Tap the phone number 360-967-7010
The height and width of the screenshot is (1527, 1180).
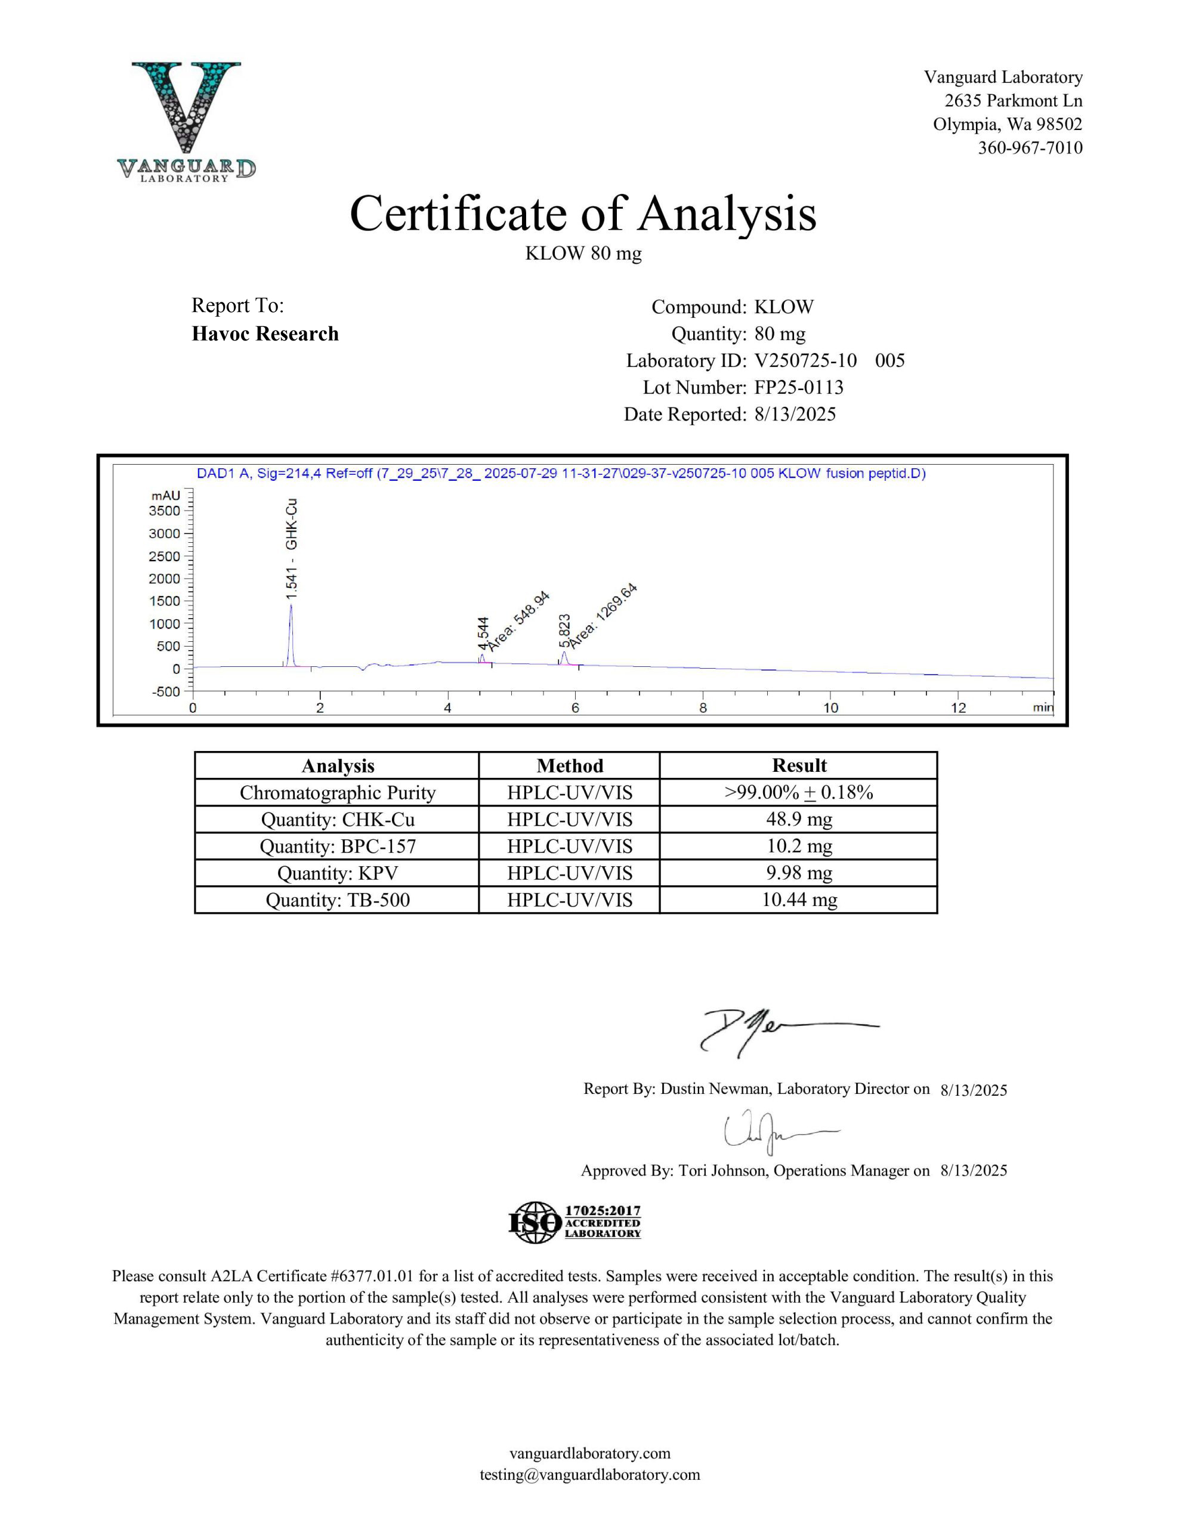click(x=1030, y=147)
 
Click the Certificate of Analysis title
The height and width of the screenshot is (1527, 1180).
click(x=583, y=214)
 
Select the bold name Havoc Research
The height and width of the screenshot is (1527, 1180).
click(x=265, y=334)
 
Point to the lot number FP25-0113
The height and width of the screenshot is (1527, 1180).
click(x=799, y=387)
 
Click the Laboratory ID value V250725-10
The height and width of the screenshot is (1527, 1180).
click(x=805, y=361)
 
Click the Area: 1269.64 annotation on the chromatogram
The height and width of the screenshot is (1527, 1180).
click(x=603, y=616)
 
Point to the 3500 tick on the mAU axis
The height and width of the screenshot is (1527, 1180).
click(x=165, y=511)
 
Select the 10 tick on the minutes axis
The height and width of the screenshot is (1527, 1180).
click(x=830, y=707)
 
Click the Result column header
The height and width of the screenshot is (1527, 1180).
click(x=799, y=766)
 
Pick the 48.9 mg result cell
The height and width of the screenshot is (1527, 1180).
click(x=799, y=819)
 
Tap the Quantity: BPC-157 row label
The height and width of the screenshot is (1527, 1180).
click(x=337, y=846)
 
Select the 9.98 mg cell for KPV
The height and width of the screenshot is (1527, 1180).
click(x=799, y=873)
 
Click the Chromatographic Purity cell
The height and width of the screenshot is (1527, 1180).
click(x=337, y=792)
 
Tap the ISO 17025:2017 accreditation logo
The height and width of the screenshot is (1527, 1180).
click(x=574, y=1222)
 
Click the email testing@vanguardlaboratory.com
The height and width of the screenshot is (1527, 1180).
click(x=589, y=1475)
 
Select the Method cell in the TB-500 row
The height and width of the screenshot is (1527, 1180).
click(x=569, y=900)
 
